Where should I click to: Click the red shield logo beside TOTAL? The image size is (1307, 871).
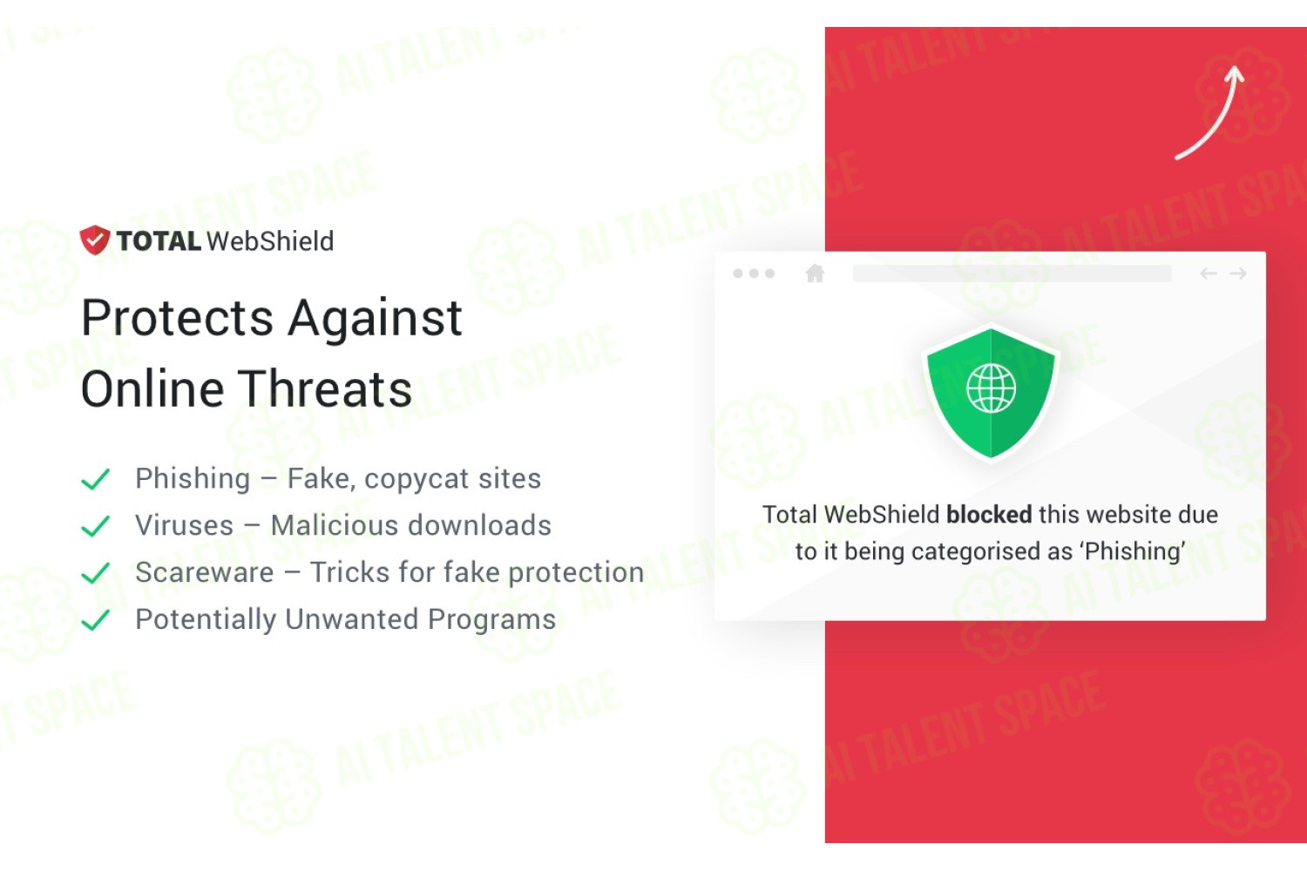94,240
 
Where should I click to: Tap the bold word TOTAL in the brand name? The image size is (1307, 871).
159,241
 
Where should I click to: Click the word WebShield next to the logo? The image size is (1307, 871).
270,241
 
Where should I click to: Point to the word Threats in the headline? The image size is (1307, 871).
327,389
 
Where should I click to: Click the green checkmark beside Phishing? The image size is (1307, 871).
96,479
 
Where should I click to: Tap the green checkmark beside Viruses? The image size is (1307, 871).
96,525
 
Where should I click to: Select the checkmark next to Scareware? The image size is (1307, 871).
96,572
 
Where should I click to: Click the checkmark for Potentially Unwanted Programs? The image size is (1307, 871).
96,619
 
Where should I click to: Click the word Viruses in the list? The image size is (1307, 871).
185,525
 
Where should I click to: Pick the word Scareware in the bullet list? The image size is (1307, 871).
205,572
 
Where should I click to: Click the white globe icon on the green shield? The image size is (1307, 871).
991,388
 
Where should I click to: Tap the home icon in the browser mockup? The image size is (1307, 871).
815,273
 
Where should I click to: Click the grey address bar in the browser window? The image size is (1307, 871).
1012,273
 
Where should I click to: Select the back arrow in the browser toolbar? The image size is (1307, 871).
1209,273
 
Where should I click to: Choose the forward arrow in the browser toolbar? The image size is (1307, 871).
1237,273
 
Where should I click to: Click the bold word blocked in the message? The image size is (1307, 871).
989,515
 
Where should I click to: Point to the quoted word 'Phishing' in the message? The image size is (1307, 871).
1134,551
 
